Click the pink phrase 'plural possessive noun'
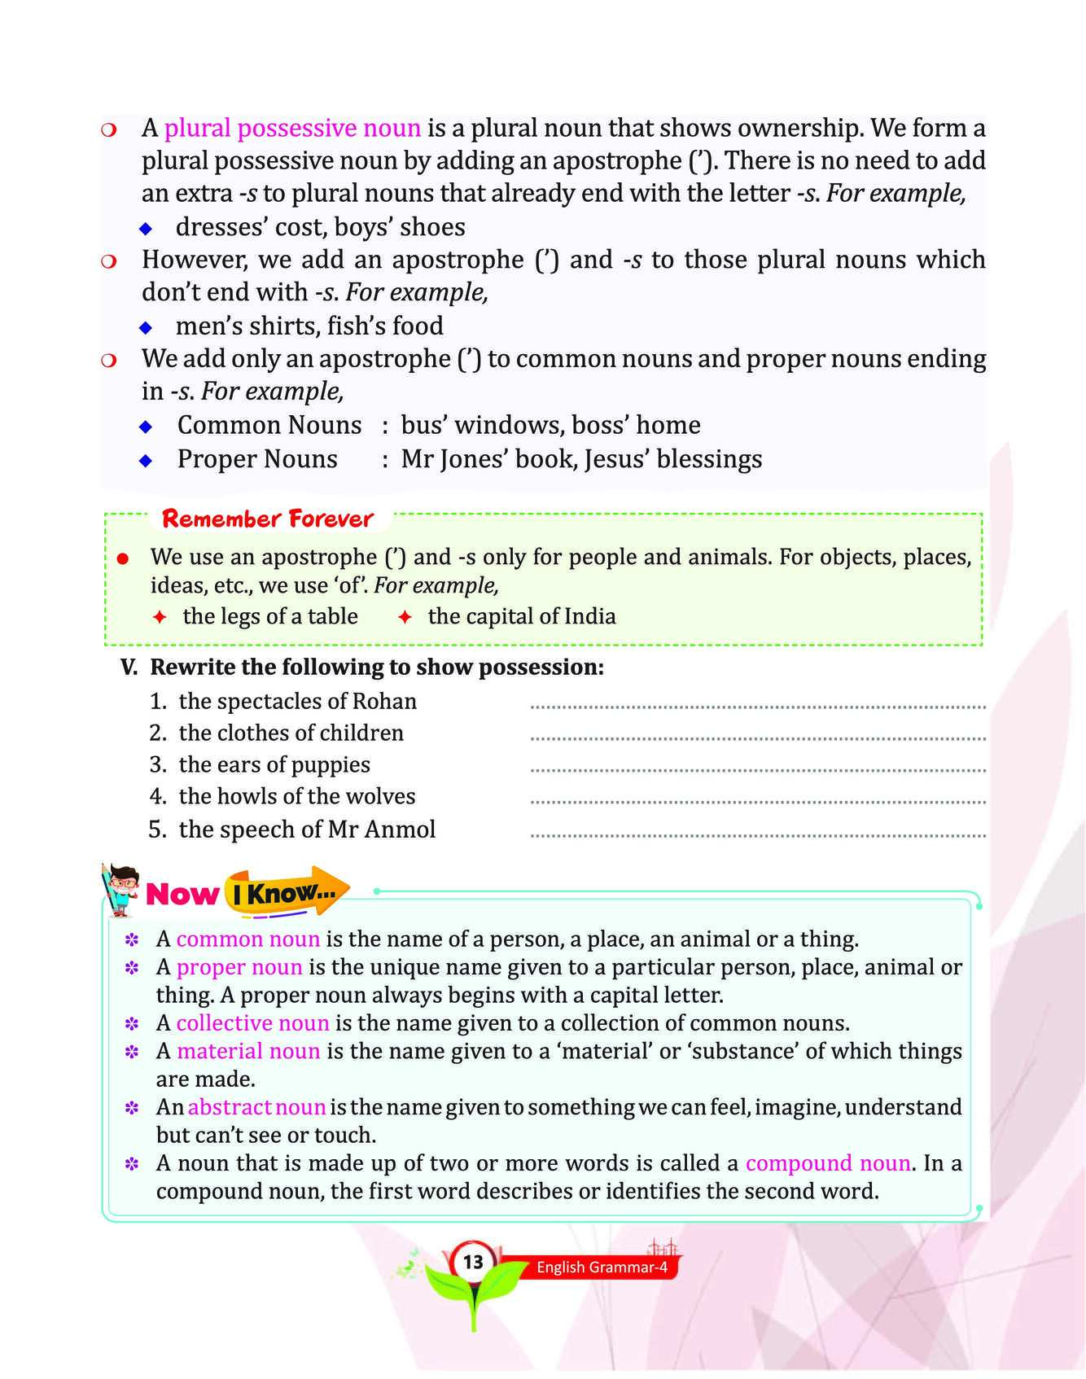(292, 129)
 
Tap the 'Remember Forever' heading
(267, 519)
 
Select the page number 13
(473, 1263)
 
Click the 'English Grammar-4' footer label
(602, 1267)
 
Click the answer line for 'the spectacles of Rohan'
(757, 706)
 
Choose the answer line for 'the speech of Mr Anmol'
(757, 834)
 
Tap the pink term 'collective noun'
(252, 1023)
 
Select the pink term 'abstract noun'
(256, 1107)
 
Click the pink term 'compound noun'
(827, 1163)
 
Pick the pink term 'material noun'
(248, 1051)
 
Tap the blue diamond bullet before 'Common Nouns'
(147, 426)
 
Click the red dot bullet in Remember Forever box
(123, 558)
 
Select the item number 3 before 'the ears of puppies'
(158, 764)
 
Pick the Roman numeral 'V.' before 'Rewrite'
(130, 668)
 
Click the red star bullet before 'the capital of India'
(405, 617)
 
